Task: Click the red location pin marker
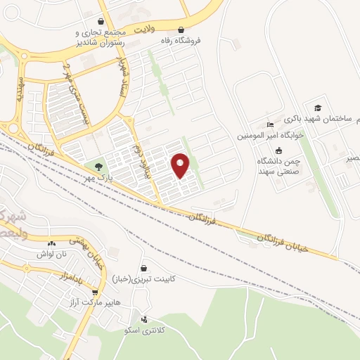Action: [x=181, y=165]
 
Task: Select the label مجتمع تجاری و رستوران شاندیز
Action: [x=101, y=37]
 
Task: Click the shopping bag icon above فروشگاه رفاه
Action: [x=182, y=30]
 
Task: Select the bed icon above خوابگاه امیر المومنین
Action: [x=271, y=124]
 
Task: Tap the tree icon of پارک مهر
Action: [x=98, y=167]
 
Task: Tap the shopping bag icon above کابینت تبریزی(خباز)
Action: [x=144, y=268]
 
